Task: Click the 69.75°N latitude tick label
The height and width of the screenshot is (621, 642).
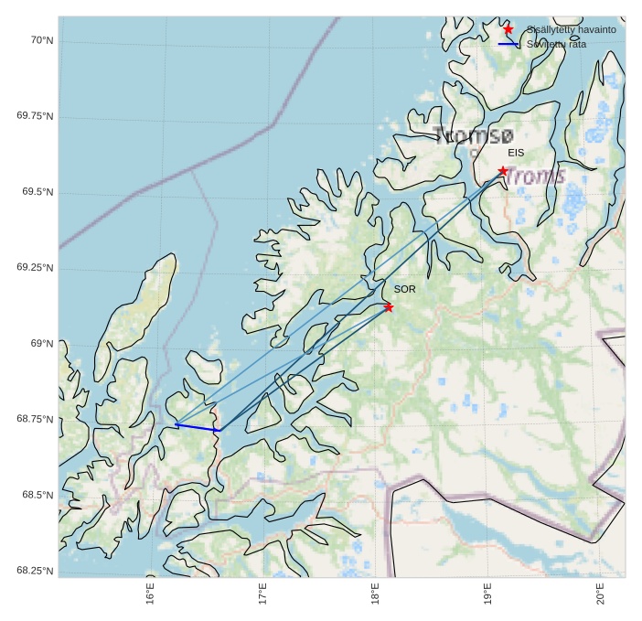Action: (x=35, y=116)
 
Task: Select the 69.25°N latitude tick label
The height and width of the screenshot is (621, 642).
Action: (x=35, y=268)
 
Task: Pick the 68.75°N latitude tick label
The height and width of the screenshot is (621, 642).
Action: (x=35, y=419)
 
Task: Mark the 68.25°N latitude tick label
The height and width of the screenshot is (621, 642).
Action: (x=35, y=571)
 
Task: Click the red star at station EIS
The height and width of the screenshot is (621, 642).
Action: (x=503, y=171)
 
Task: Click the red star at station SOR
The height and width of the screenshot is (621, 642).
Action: (x=389, y=307)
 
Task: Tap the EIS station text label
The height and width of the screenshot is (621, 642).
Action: (x=516, y=153)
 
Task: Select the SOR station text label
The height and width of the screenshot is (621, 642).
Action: (x=404, y=289)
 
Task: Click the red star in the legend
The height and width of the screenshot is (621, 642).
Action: (x=508, y=29)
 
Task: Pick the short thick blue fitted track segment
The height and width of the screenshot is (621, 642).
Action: (x=198, y=427)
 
